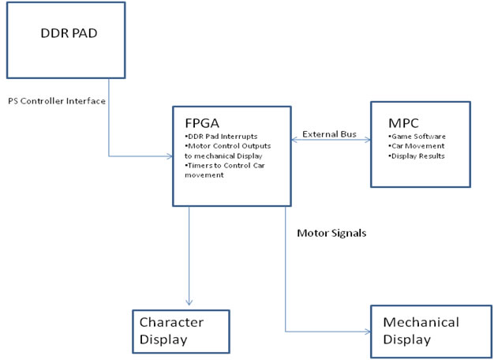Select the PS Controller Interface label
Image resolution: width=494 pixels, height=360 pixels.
(57, 101)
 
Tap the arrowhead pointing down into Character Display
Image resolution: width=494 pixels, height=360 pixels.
(188, 303)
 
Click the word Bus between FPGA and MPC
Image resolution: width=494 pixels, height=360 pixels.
(350, 134)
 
